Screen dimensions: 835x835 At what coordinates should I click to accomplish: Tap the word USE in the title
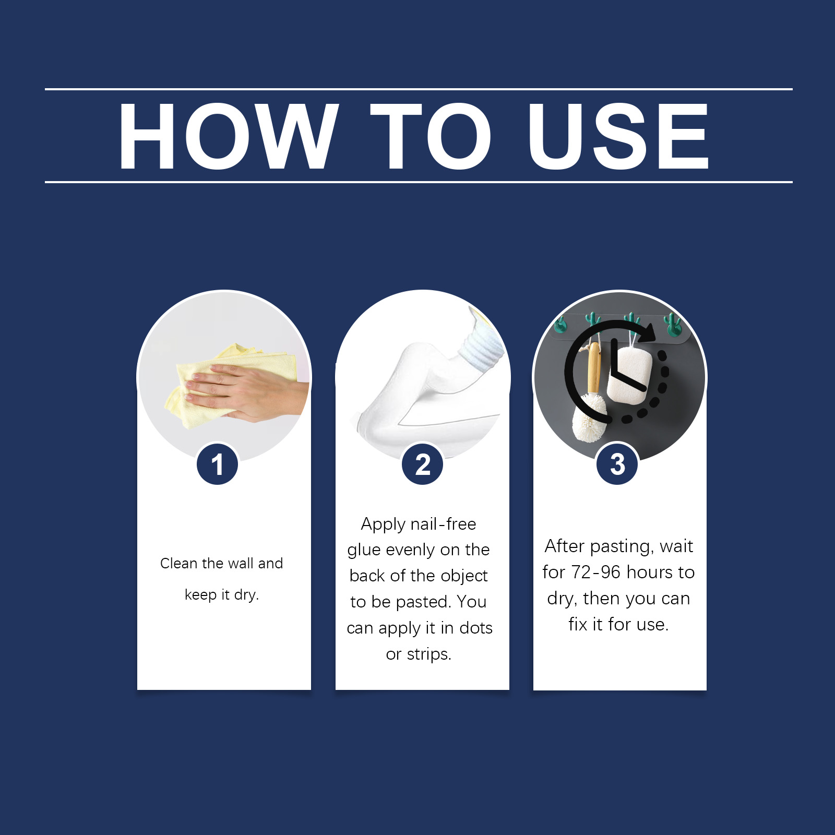click(x=618, y=136)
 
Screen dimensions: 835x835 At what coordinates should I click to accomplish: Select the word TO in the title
click(x=431, y=136)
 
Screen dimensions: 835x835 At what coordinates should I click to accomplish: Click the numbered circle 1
click(x=217, y=464)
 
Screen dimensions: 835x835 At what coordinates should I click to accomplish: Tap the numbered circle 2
click(x=422, y=464)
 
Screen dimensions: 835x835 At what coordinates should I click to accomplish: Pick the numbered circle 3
click(x=617, y=464)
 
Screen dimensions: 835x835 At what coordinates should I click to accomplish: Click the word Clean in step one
click(x=179, y=563)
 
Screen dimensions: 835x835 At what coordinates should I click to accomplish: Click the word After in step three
click(x=565, y=546)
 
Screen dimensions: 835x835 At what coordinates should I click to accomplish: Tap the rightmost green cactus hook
click(x=672, y=324)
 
